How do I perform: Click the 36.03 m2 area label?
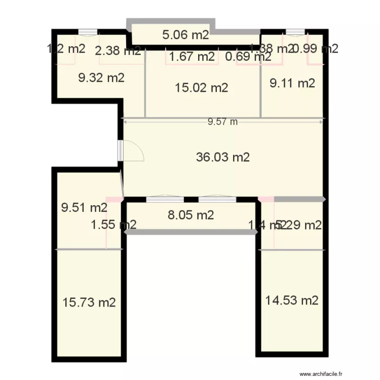click(x=223, y=157)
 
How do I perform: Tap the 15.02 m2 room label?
click(x=201, y=88)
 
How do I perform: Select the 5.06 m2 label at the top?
click(x=185, y=35)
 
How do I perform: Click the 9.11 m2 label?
click(x=292, y=83)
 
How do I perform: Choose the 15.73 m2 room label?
click(x=89, y=302)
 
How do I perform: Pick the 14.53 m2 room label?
click(x=292, y=300)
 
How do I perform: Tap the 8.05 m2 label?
click(x=191, y=215)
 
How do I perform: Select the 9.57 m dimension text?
click(x=223, y=122)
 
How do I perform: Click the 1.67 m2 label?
click(x=192, y=56)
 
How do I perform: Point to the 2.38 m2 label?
click(x=118, y=50)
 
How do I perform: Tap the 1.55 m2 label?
click(x=113, y=224)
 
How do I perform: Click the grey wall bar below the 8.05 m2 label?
click(x=191, y=232)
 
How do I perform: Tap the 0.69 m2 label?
click(x=248, y=56)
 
